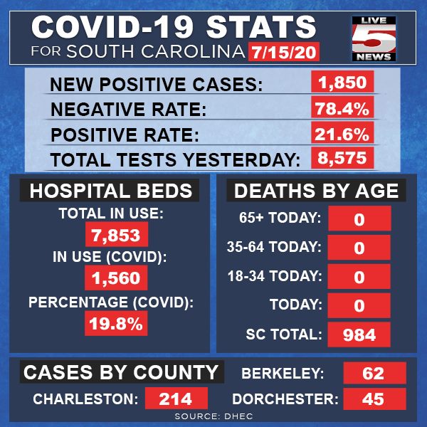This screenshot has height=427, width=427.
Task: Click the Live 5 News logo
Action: coord(374,38)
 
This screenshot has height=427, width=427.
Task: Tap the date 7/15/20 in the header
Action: coord(283,52)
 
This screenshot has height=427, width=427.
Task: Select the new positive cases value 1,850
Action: coord(342,82)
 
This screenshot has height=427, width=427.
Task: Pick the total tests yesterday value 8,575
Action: coord(342,158)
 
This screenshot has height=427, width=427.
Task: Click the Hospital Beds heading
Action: coord(110,190)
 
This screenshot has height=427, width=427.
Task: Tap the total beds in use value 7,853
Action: coord(117,234)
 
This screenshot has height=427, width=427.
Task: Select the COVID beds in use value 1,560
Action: coord(116,278)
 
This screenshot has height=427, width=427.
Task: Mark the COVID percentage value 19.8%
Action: coord(116,323)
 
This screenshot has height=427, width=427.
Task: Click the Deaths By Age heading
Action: coord(316,190)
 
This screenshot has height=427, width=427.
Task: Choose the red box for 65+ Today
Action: coord(359,218)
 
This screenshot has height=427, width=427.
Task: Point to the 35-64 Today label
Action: coord(274,247)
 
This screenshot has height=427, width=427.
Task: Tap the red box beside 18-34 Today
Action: coord(359,276)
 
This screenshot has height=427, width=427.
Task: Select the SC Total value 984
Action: coord(359,334)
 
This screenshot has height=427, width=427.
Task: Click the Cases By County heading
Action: coord(122,372)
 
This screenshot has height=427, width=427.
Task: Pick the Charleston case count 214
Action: coord(176,399)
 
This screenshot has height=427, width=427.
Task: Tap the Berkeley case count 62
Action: coord(375,373)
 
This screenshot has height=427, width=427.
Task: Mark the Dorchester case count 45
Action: coord(375,399)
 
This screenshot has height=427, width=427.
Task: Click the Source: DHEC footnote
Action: coord(213,416)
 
